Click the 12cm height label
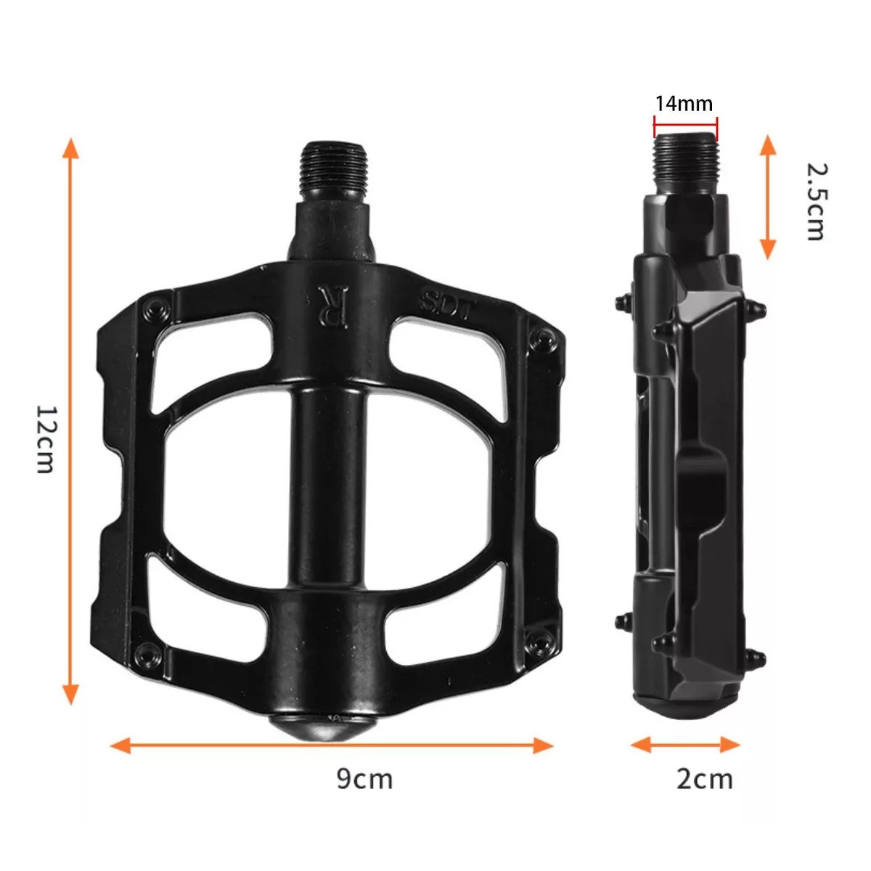coord(45,438)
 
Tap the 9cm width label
coord(364,779)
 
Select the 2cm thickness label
coord(704,779)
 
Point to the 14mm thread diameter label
coord(684,103)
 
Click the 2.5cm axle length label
coord(816,201)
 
